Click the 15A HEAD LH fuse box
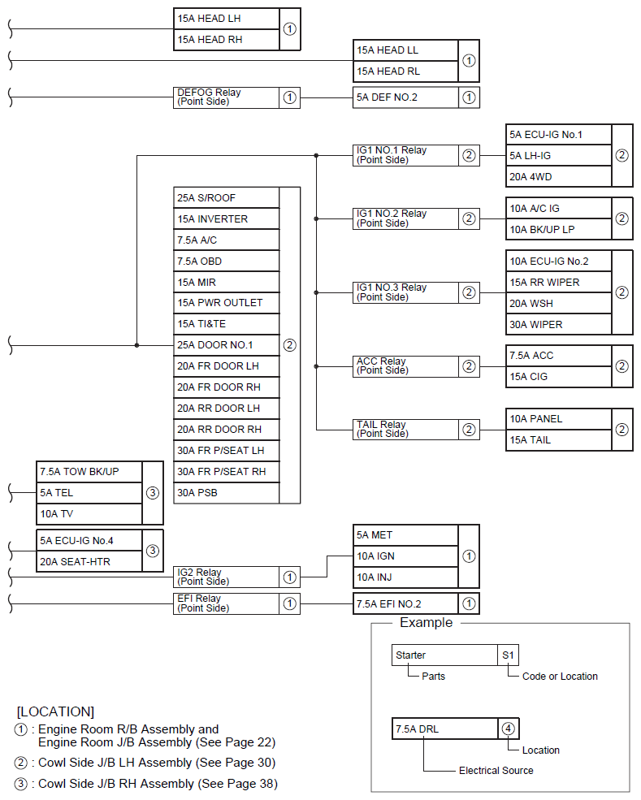pyautogui.click(x=226, y=19)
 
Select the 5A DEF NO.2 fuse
pyautogui.click(x=405, y=97)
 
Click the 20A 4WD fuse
pyautogui.click(x=557, y=176)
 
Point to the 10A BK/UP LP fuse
pyautogui.click(x=557, y=229)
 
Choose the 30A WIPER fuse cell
pyautogui.click(x=557, y=324)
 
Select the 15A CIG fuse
pyautogui.click(x=557, y=377)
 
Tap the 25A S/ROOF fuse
pyautogui.click(x=226, y=197)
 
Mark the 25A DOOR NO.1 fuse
pyautogui.click(x=226, y=345)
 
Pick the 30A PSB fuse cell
pyautogui.click(x=226, y=493)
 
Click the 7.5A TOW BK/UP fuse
pyautogui.click(x=89, y=472)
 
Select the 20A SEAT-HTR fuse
pyautogui.click(x=89, y=561)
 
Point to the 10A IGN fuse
pyautogui.click(x=405, y=556)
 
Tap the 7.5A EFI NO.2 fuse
pyautogui.click(x=405, y=603)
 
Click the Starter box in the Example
pyautogui.click(x=444, y=655)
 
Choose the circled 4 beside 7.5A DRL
pyautogui.click(x=508, y=729)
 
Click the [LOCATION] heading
pyautogui.click(x=55, y=711)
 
